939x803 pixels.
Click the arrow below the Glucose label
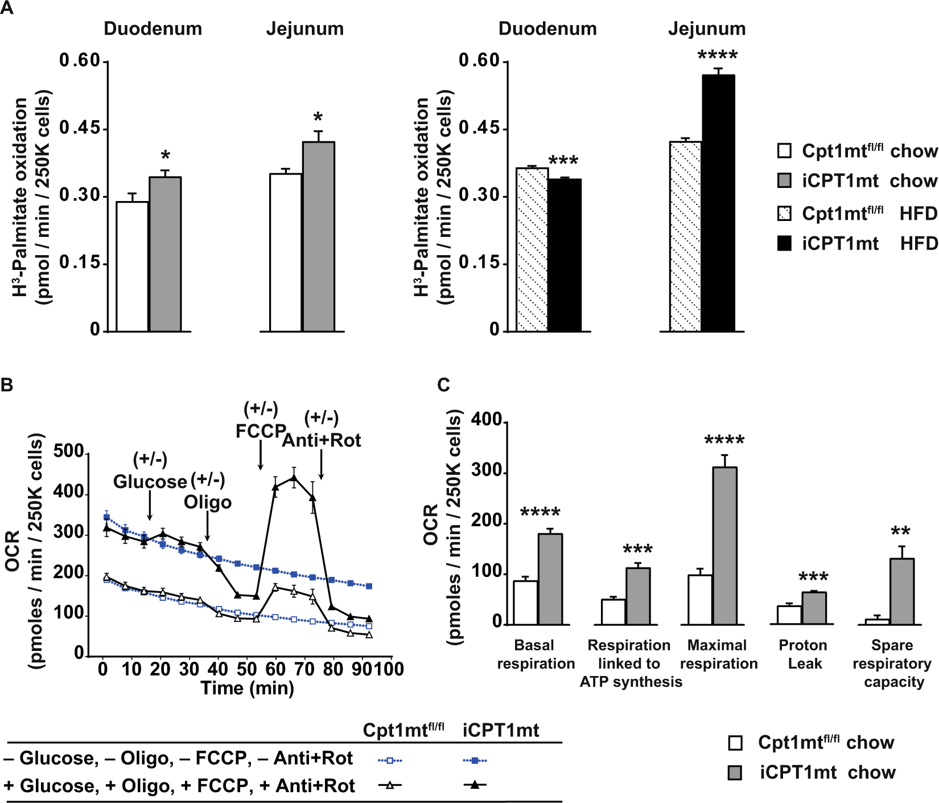tap(150, 505)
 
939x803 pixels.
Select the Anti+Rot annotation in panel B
tap(322, 440)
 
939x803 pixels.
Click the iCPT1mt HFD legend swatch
tap(784, 244)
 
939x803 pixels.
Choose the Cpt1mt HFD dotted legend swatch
tap(784, 214)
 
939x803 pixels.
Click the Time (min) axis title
tap(248, 688)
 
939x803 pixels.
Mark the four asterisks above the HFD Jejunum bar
tap(718, 56)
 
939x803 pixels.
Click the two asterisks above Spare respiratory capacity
tap(901, 532)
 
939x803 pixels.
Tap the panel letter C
tap(443, 385)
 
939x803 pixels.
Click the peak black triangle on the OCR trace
tap(294, 478)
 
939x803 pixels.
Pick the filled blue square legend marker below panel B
tap(475, 760)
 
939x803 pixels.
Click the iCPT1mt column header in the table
tap(501, 730)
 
